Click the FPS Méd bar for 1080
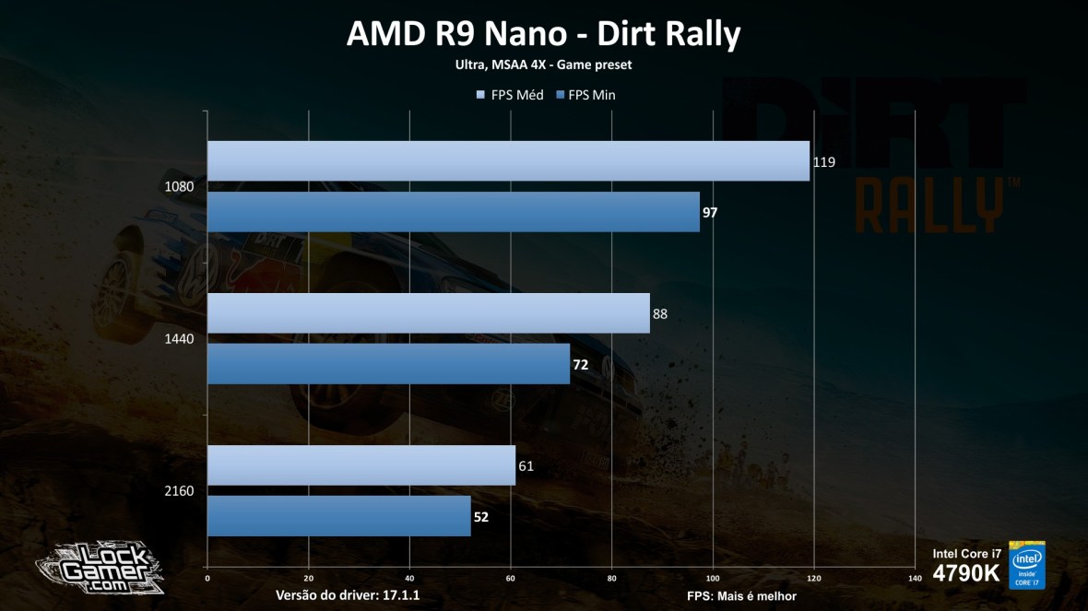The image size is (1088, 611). (508, 161)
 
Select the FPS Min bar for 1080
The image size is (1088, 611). (453, 212)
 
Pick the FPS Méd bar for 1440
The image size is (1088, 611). (428, 313)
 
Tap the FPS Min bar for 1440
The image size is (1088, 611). (388, 364)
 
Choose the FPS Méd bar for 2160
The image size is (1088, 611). (361, 465)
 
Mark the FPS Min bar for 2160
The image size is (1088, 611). (338, 516)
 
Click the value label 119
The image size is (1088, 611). (823, 161)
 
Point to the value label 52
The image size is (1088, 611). (481, 517)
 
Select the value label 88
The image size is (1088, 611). (660, 313)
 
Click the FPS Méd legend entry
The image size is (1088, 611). (510, 95)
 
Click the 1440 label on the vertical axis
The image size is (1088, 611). (179, 338)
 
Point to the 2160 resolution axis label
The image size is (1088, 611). (179, 490)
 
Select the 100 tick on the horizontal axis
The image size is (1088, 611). (713, 579)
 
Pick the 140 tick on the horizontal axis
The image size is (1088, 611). (915, 579)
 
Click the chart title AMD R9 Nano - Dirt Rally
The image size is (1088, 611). (543, 34)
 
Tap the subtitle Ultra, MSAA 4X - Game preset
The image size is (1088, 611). (543, 65)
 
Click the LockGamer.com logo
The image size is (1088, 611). (100, 566)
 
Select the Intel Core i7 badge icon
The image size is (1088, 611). (1027, 564)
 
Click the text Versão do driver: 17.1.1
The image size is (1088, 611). (348, 595)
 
